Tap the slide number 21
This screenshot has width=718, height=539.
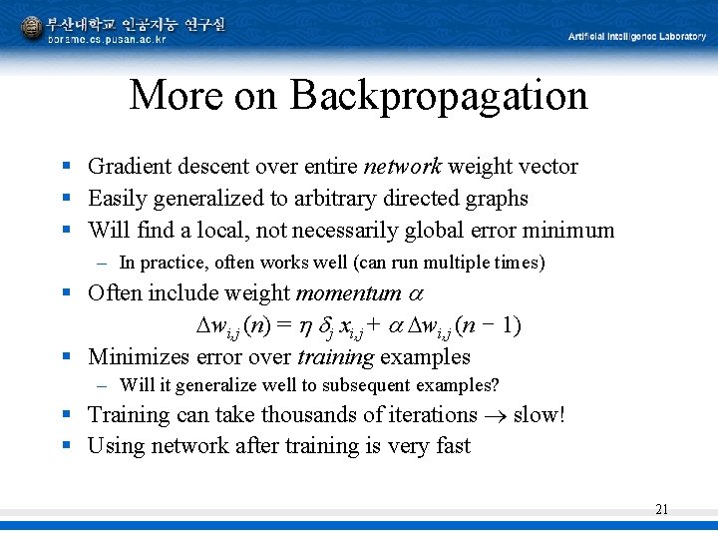click(x=662, y=509)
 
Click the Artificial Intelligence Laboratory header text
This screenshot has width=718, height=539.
click(x=636, y=37)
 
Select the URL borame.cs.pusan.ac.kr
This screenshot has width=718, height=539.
click(x=108, y=39)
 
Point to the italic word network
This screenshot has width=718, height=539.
click(x=404, y=167)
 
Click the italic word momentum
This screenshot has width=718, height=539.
click(x=348, y=293)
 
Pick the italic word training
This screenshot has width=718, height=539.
click(x=330, y=357)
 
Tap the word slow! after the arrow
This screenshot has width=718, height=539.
click(x=538, y=414)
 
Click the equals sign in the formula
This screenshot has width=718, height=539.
click(x=283, y=325)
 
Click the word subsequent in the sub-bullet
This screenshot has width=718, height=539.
click(x=340, y=385)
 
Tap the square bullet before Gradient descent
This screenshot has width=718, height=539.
click(x=64, y=167)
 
